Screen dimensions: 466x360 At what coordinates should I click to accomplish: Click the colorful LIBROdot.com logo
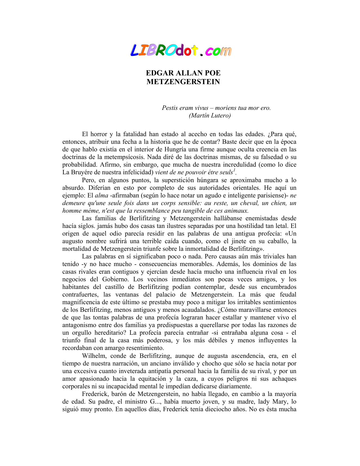click(181, 51)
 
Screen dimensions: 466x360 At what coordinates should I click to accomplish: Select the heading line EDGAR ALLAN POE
click(183, 73)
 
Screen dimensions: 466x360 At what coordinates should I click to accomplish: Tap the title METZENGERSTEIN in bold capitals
click(183, 82)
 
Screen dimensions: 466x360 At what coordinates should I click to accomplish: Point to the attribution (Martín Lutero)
click(210, 116)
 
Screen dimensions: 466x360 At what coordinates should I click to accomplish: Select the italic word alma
click(102, 195)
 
